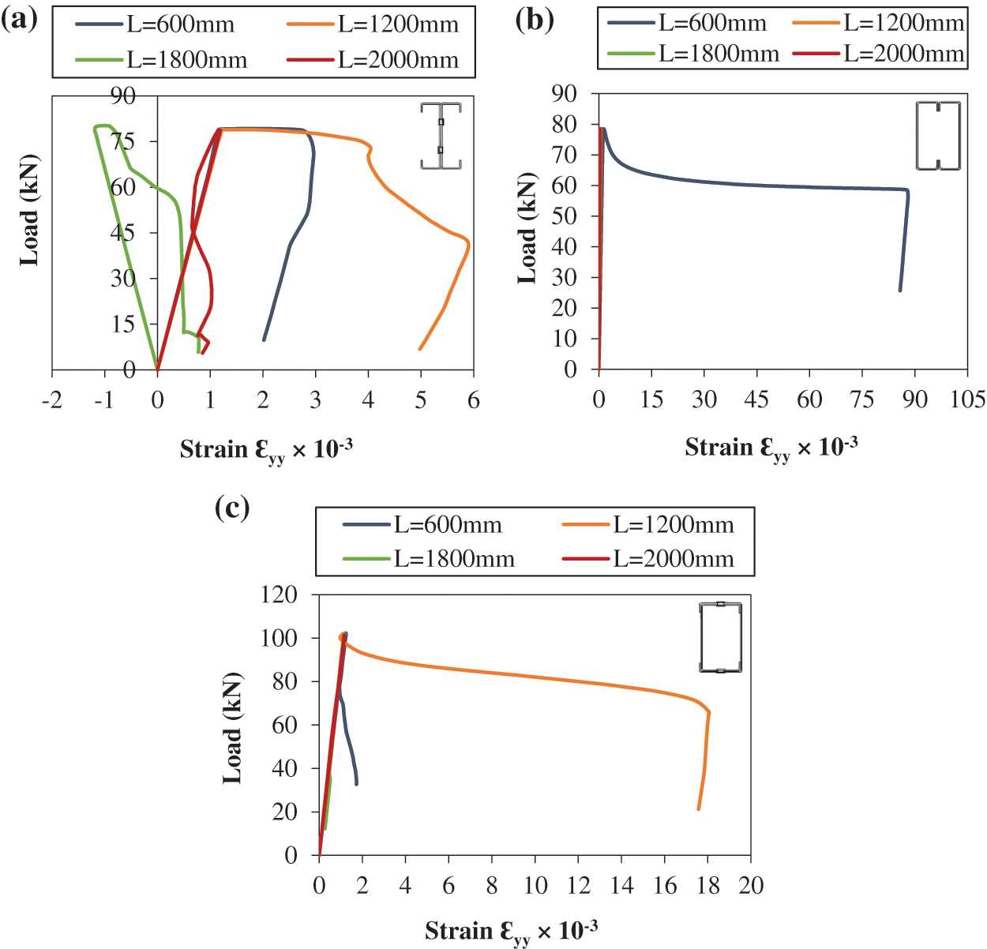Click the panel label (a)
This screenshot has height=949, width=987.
click(x=20, y=18)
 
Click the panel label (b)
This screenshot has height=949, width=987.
click(x=535, y=18)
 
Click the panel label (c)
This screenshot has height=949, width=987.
click(x=232, y=507)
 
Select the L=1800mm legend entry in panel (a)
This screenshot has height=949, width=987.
click(x=163, y=60)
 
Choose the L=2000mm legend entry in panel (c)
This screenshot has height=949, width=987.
click(x=648, y=559)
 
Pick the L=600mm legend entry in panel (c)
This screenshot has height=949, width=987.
click(x=423, y=524)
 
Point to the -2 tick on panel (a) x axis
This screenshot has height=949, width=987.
click(x=52, y=400)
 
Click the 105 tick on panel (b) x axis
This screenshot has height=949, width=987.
click(x=967, y=399)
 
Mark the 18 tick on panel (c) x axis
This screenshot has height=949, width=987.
click(x=708, y=885)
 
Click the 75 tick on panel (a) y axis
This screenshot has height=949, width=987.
click(x=123, y=141)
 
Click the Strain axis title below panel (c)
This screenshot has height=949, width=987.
click(x=511, y=932)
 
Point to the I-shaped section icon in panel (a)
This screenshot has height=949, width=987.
click(x=441, y=135)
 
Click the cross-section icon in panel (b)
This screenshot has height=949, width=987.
click(x=938, y=135)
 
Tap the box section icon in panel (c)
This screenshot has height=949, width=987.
click(x=720, y=637)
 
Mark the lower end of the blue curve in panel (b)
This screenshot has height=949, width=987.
click(x=900, y=291)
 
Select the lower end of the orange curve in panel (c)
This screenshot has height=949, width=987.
click(x=699, y=808)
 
